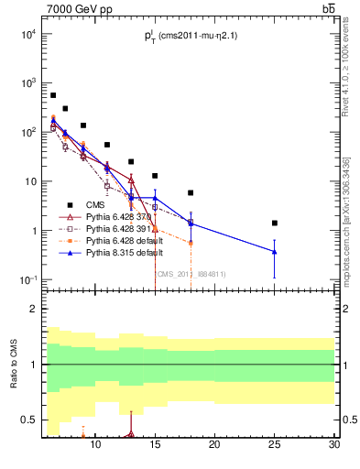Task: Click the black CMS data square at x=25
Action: click(x=275, y=223)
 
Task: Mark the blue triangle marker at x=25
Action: click(x=275, y=251)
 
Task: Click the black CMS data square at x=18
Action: click(x=191, y=193)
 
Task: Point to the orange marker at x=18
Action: click(x=191, y=243)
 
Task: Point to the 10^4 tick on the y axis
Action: click(x=29, y=35)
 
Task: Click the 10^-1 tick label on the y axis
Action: click(x=28, y=279)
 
